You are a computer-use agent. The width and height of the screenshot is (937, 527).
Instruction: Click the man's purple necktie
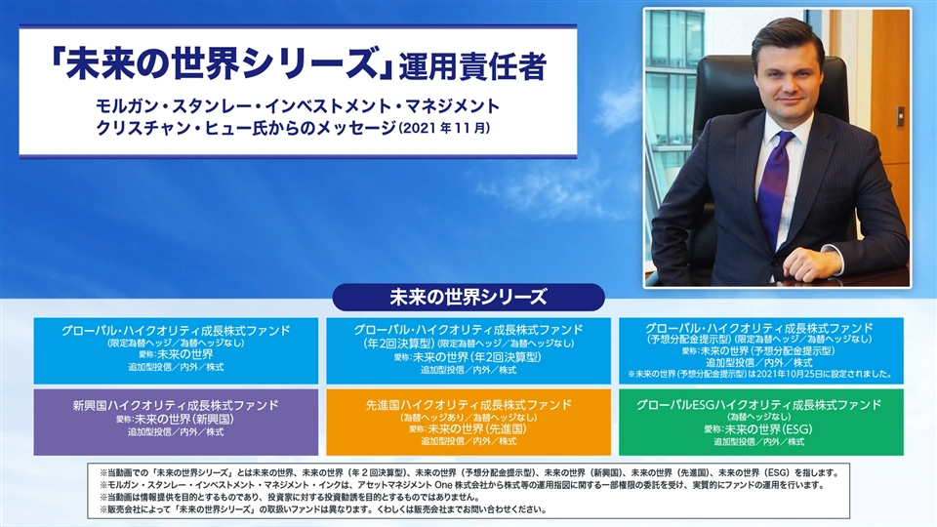[x=774, y=185]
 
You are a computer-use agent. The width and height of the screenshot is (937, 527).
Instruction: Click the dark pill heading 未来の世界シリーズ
[x=468, y=297]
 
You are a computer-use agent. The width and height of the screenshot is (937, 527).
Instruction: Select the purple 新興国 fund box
[x=176, y=422]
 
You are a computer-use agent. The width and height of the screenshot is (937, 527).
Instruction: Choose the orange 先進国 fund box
[x=468, y=422]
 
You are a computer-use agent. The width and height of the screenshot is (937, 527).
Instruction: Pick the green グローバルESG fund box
[x=760, y=422]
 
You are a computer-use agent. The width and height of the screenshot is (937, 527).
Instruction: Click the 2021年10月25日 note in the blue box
[x=759, y=374]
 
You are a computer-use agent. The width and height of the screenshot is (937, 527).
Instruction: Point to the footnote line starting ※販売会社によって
[x=323, y=509]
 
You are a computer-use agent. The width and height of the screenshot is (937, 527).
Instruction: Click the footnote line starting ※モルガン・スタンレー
[x=462, y=485]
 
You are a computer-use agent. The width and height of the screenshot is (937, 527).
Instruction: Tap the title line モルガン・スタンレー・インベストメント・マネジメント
[x=298, y=106]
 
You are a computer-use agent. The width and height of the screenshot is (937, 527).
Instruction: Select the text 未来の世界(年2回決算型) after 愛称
[x=477, y=357]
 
